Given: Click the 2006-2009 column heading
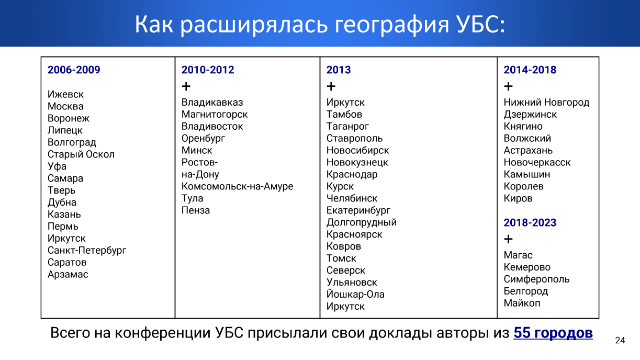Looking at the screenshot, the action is [x=74, y=70].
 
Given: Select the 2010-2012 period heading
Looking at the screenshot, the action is [x=208, y=70].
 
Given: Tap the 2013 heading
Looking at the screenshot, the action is [x=339, y=70].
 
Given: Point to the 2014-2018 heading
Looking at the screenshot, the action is [x=530, y=70].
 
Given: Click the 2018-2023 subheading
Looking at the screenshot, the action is [x=530, y=222].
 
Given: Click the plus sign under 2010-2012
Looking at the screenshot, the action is [x=186, y=86].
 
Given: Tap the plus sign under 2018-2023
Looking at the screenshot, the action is [x=508, y=239].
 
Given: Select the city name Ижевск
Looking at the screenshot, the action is [x=65, y=94].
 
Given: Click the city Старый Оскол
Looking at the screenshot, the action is [x=81, y=154].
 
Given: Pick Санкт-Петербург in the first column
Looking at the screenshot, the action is [x=87, y=250].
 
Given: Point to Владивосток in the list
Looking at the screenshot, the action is [x=212, y=126].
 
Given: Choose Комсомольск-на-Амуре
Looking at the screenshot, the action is [x=237, y=186].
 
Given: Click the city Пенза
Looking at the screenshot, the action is [x=196, y=210].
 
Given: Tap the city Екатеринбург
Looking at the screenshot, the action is [x=358, y=210].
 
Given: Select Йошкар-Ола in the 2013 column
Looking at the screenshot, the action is [x=355, y=294].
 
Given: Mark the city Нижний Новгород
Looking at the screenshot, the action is [x=546, y=102].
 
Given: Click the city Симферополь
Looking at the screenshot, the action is [x=536, y=279].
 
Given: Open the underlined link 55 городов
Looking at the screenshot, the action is [x=553, y=333].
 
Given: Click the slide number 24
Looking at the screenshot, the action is [x=620, y=340].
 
